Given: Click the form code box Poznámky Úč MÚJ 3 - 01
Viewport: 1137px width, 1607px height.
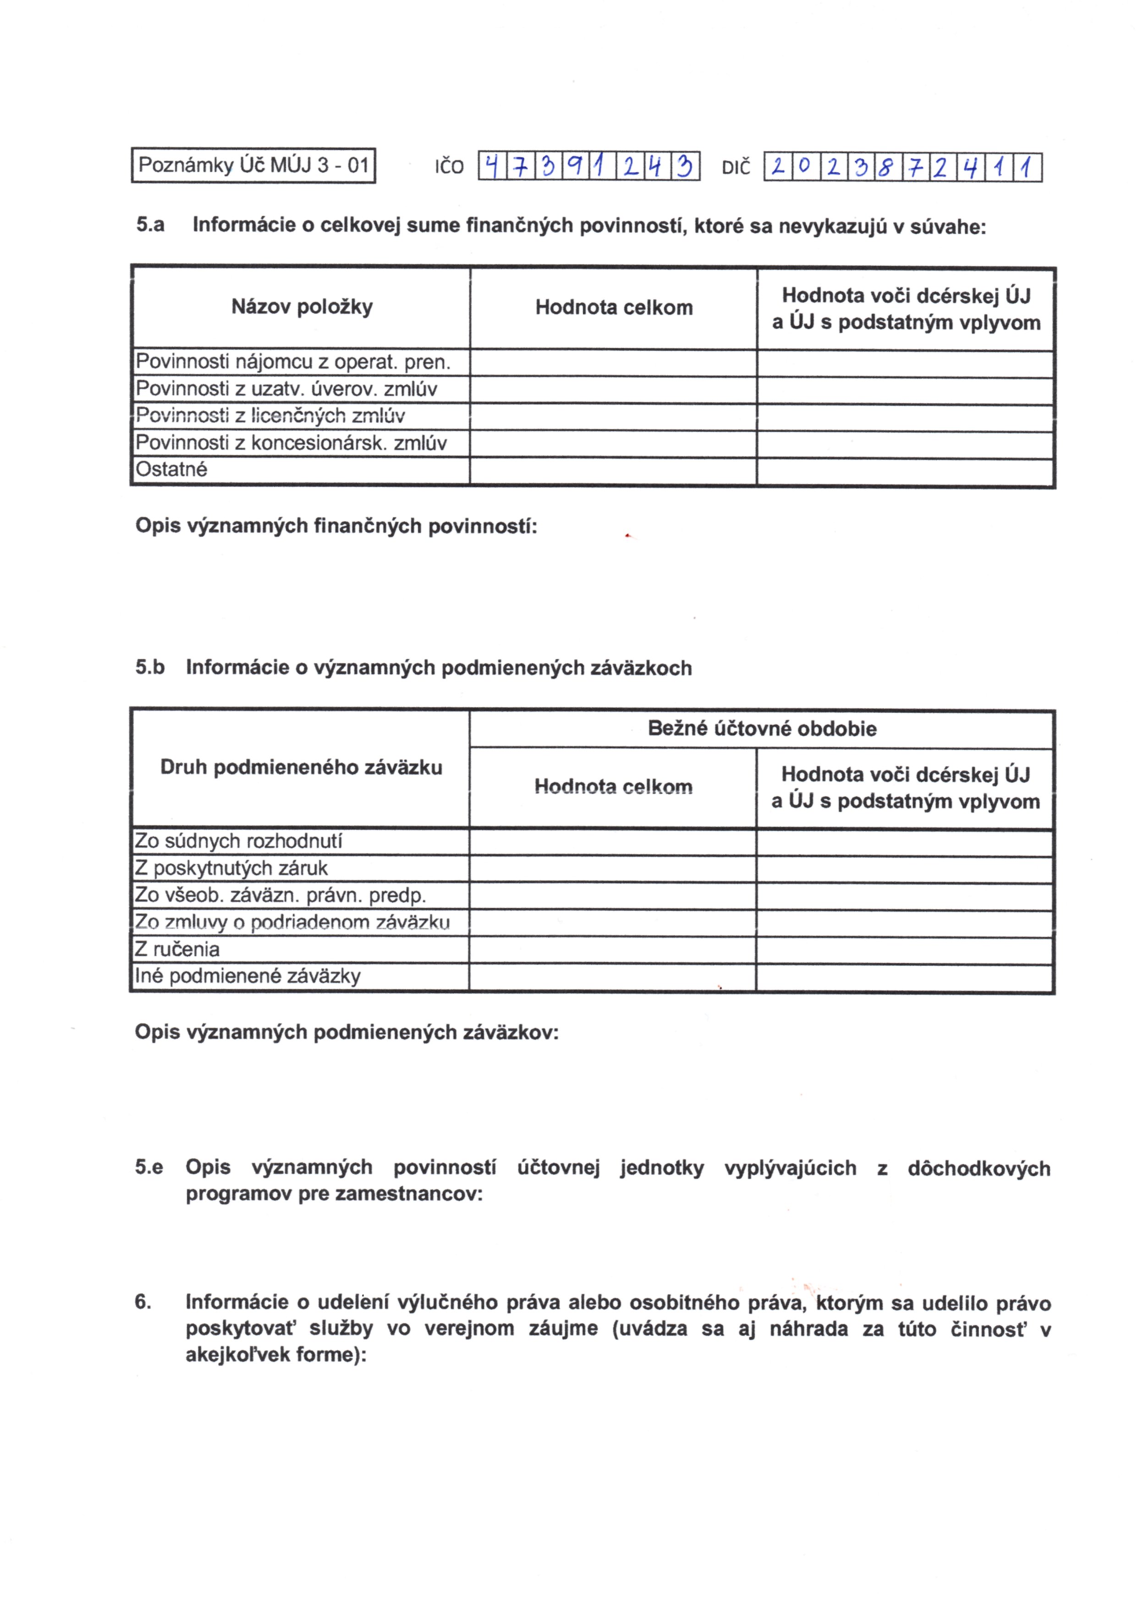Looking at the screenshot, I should pos(253,165).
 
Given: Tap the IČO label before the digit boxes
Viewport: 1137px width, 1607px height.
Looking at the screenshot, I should pos(449,167).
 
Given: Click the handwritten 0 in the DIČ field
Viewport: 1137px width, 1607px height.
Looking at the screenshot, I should pos(804,167).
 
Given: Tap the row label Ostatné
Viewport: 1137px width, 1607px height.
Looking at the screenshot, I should pos(171,469).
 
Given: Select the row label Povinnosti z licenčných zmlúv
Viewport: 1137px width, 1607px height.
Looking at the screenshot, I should pos(270,416).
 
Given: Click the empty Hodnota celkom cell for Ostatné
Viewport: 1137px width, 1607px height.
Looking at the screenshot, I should pos(613,471).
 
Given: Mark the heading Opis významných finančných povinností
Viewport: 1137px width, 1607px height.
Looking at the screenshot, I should pos(336,525).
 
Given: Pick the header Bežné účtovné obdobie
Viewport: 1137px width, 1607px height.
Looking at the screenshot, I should pos(762,728).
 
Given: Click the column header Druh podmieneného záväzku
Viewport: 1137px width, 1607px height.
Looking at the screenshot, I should pos(301,767).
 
